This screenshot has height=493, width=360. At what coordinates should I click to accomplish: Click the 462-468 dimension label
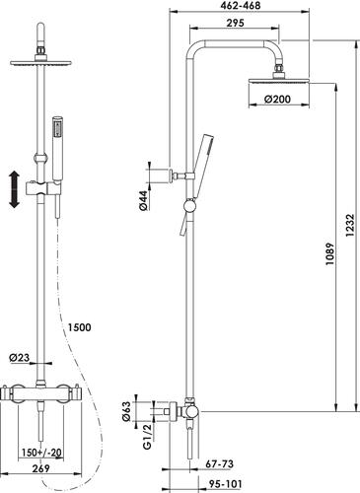pyautogui.click(x=240, y=6)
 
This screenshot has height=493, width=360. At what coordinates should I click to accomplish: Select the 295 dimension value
pyautogui.click(x=235, y=23)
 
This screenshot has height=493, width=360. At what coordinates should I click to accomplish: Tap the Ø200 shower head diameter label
pyautogui.click(x=277, y=99)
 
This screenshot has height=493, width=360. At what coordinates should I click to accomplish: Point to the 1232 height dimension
pyautogui.click(x=350, y=226)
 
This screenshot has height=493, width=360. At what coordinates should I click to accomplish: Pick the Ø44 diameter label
pyautogui.click(x=143, y=200)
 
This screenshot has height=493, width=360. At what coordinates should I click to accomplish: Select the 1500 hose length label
pyautogui.click(x=79, y=327)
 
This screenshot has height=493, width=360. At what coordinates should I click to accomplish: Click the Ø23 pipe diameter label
pyautogui.click(x=20, y=357)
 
